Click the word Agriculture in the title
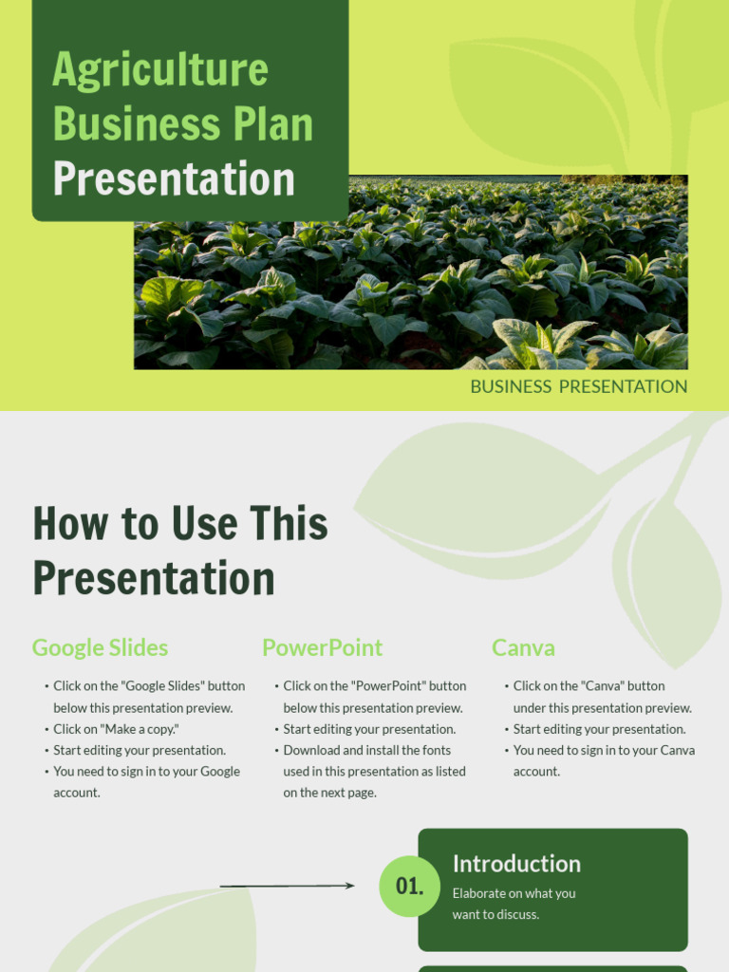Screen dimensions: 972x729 160,70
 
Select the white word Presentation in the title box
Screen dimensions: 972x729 174,179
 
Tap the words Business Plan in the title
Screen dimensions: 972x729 182,124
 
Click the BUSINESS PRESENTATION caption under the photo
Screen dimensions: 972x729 578,386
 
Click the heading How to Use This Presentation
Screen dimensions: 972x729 180,551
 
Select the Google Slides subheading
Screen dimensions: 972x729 100,648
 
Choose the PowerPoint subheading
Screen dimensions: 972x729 322,648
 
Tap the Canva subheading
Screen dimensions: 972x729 523,648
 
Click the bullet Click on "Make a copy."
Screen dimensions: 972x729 116,729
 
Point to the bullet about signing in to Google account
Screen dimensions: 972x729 146,781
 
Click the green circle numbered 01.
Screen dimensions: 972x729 409,887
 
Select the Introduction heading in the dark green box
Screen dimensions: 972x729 516,864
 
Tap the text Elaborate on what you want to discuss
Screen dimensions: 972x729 514,904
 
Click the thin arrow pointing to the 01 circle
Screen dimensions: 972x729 287,886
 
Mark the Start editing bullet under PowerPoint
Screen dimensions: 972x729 369,729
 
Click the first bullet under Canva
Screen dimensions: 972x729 602,697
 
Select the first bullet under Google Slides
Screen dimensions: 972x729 148,697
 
